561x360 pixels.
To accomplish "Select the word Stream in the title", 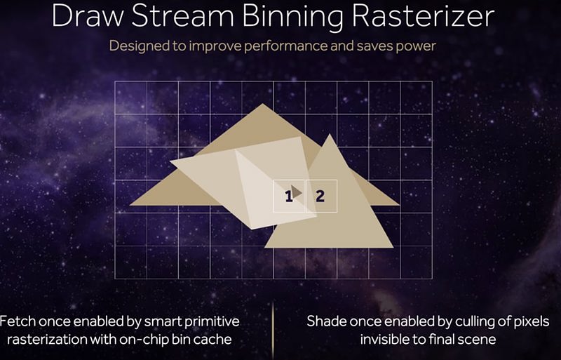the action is click(183, 15).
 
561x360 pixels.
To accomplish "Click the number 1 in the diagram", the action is click(288, 196).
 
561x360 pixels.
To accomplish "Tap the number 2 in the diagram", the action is click(320, 196).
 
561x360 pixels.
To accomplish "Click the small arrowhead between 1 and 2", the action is click(296, 192).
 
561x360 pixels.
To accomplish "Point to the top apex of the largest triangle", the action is click(262, 104).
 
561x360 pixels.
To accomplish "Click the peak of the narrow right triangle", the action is click(330, 134).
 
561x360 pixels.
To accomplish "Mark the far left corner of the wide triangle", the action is click(130, 205).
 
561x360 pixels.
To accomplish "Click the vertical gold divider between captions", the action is click(273, 331).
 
